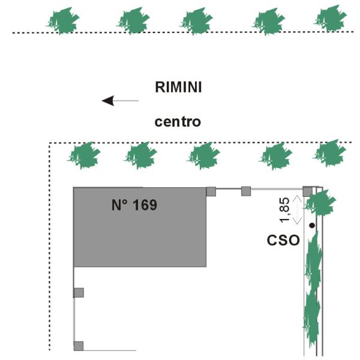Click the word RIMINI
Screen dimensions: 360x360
click(178, 87)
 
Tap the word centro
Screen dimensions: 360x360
click(178, 122)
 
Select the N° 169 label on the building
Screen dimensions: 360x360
click(134, 205)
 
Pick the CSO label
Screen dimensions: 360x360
click(283, 241)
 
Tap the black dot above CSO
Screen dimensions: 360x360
click(311, 226)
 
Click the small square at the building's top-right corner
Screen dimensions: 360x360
click(211, 191)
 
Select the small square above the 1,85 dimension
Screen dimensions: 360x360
click(307, 191)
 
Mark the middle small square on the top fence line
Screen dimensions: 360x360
click(245, 191)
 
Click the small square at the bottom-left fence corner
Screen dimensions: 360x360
click(78, 346)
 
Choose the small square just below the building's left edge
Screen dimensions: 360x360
click(78, 293)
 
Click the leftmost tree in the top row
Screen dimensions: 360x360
click(63, 22)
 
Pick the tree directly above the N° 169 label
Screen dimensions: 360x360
click(140, 155)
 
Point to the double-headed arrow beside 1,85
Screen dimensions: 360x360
click(296, 209)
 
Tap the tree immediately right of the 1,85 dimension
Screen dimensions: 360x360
click(320, 203)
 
